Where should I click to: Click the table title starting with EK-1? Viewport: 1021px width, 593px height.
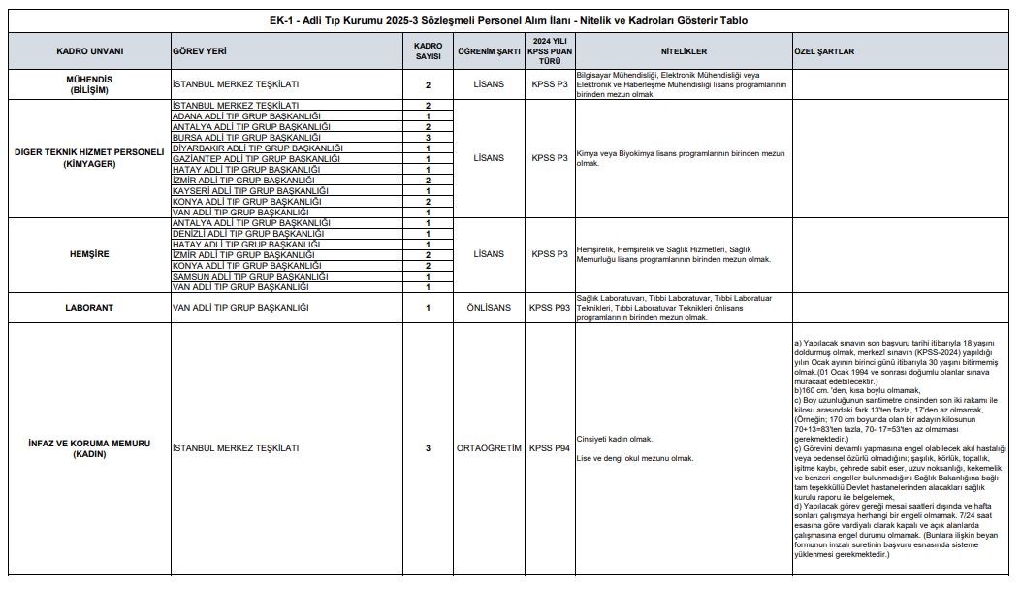coord(510,20)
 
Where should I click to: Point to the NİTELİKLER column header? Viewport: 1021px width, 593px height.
coord(684,50)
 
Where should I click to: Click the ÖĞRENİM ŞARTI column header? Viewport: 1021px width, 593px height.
coord(489,50)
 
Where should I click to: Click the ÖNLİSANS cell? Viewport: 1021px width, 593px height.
coord(489,308)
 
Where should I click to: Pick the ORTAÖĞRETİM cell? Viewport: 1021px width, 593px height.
coord(489,448)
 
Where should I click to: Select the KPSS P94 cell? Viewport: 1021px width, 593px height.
coord(549,448)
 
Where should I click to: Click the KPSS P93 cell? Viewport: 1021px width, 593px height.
coord(549,308)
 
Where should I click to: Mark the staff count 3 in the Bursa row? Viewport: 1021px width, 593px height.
coord(428,138)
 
